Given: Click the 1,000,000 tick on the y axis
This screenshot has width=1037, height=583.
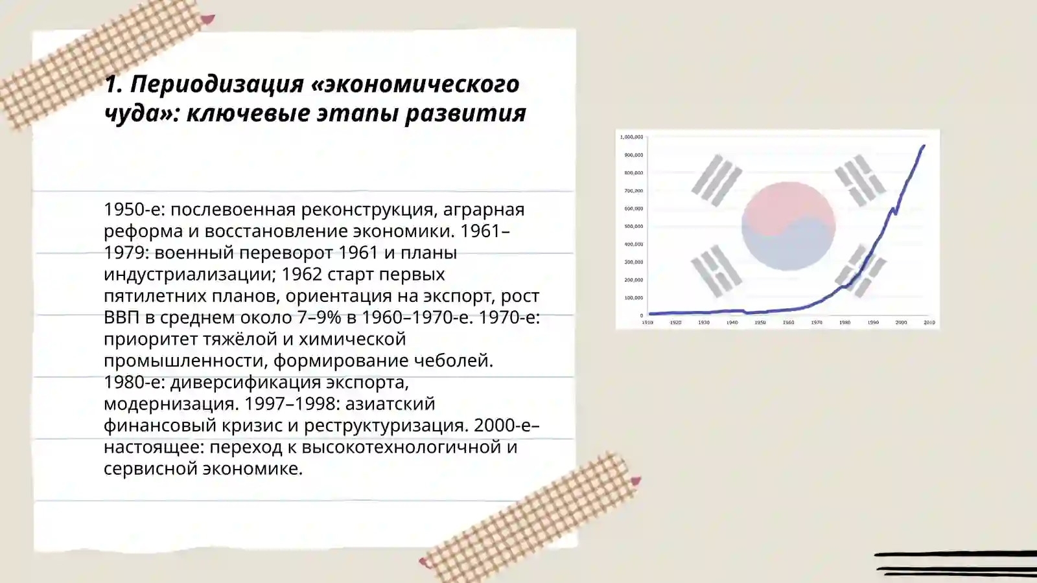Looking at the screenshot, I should click(x=632, y=137).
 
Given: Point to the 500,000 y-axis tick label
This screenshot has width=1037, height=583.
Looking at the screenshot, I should click(x=633, y=227).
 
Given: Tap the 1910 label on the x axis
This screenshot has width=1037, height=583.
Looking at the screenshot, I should click(x=647, y=323).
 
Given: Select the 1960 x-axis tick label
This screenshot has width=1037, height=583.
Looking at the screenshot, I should click(x=788, y=323).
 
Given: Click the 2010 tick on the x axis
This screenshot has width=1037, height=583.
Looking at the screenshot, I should click(x=929, y=323).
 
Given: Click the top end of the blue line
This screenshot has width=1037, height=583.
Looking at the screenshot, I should click(x=924, y=146).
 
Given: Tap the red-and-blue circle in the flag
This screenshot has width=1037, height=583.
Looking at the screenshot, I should click(x=788, y=225).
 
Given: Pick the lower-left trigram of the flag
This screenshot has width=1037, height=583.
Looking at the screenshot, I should click(x=716, y=271).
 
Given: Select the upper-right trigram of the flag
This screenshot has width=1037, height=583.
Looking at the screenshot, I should click(x=859, y=179).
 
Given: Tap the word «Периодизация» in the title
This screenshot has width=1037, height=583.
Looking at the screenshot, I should click(x=216, y=84).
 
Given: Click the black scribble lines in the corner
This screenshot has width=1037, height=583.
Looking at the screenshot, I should click(x=956, y=564).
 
